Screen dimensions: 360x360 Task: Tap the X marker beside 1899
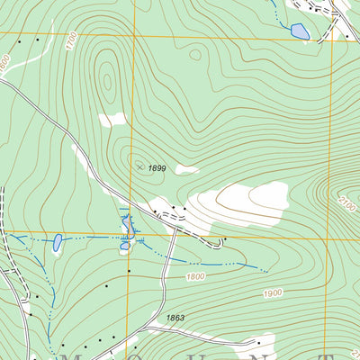138,166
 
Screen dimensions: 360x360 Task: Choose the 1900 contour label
274,294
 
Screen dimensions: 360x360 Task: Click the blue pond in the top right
300,32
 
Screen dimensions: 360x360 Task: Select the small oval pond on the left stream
58,242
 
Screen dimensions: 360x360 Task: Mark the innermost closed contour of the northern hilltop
107,82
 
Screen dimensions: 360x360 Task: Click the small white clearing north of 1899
112,119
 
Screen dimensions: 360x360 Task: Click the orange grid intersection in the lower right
328,239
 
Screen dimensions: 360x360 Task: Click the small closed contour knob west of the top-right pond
195,55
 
